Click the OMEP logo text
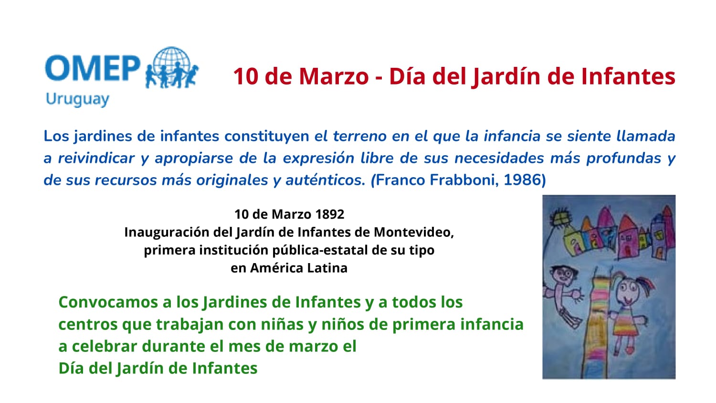click(93, 68)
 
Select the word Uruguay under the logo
click(77, 99)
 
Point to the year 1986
click(522, 180)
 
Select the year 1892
click(329, 214)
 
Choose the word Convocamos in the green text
click(108, 302)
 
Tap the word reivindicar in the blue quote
click(96, 158)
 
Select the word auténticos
click(325, 180)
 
